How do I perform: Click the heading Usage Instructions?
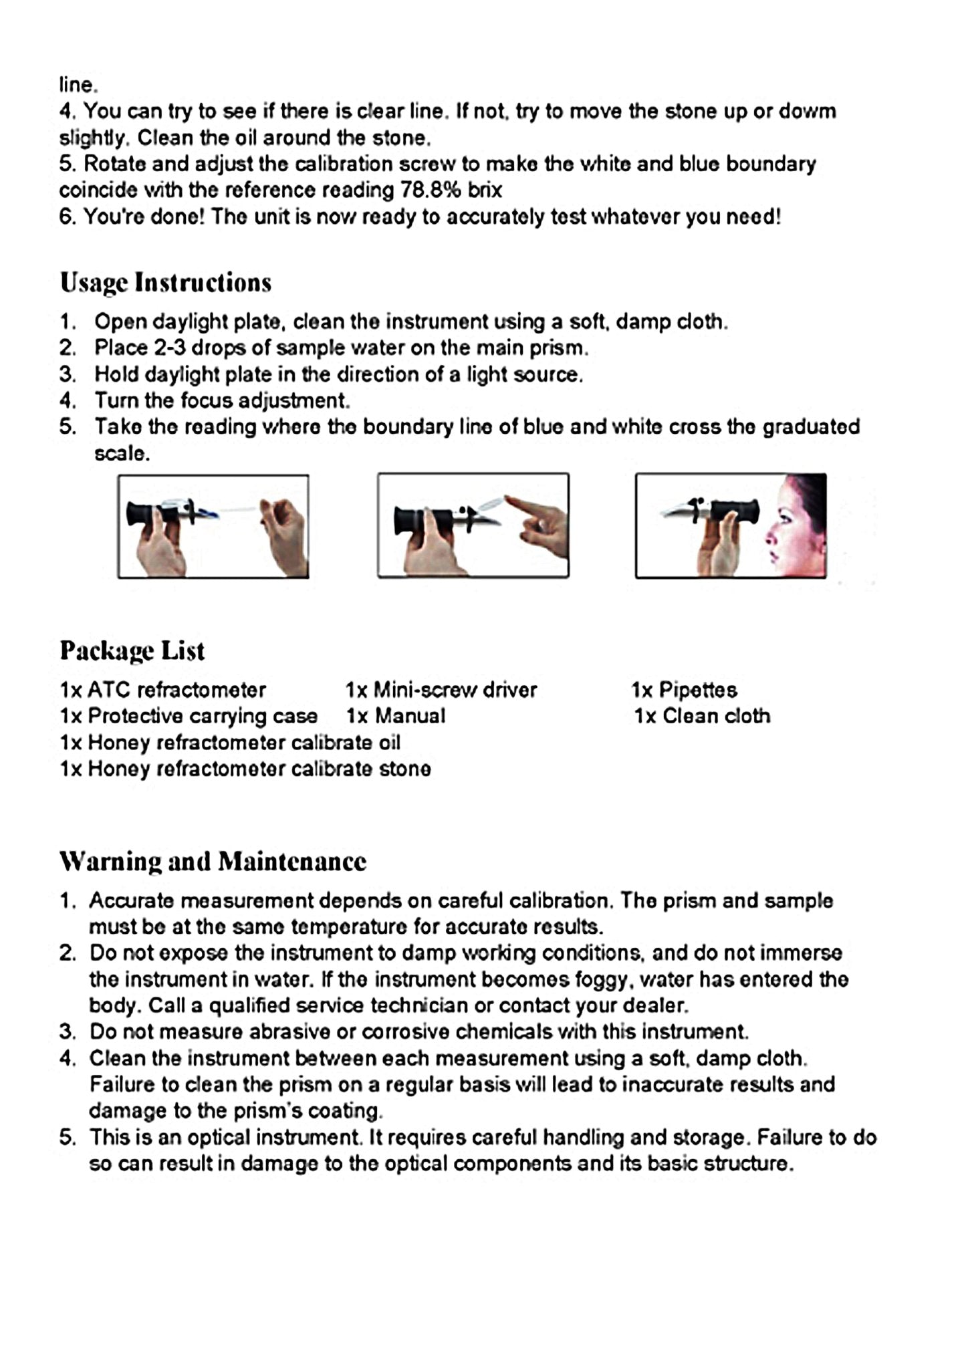[x=165, y=282]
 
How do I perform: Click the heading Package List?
[x=132, y=650]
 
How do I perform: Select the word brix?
[x=485, y=191]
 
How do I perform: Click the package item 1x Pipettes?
[x=684, y=690]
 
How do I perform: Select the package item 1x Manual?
[x=395, y=716]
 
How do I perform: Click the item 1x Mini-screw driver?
[x=441, y=690]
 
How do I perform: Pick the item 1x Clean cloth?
[x=702, y=716]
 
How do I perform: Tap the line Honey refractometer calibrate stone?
[x=245, y=769]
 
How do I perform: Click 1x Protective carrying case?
[x=188, y=716]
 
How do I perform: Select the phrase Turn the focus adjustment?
[x=222, y=400]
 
